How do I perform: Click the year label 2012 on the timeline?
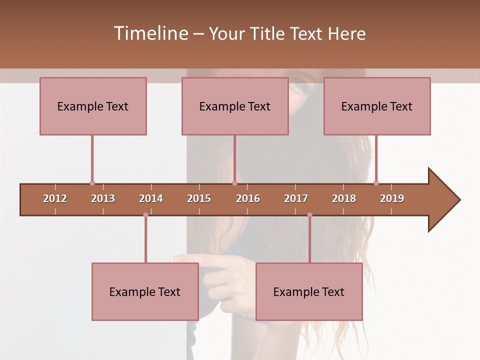[x=55, y=198]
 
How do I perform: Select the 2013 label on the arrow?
[x=103, y=198]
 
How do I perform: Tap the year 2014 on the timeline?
[x=151, y=198]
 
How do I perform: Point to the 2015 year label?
[x=199, y=198]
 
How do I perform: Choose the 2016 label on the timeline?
[x=248, y=198]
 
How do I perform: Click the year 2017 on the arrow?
[x=296, y=198]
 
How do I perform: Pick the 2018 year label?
[x=344, y=198]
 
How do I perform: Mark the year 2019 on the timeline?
[x=392, y=198]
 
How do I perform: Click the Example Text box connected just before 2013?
[x=93, y=106]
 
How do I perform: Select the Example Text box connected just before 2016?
[x=235, y=106]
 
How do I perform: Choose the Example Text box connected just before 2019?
[x=377, y=106]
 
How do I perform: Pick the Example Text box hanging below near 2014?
[x=145, y=291]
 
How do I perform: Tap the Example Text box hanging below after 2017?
[x=309, y=291]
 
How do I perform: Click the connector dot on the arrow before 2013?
[x=92, y=183]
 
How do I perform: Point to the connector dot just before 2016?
[x=234, y=183]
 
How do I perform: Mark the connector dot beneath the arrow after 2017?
[x=309, y=215]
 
